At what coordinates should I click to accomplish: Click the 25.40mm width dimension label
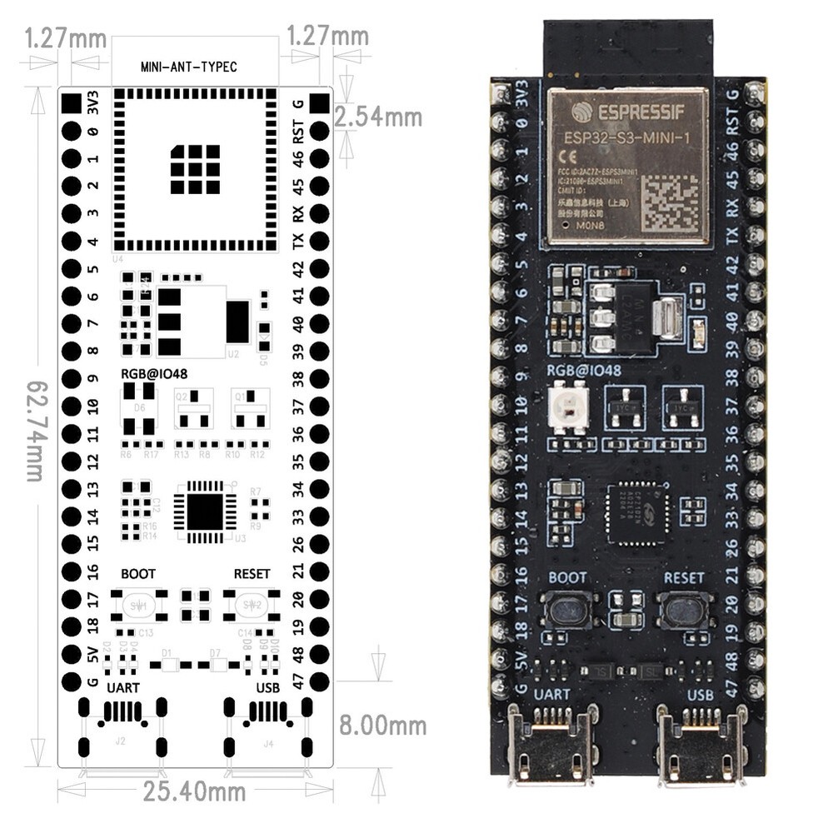(x=194, y=791)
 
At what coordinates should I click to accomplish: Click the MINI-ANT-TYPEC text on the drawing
(x=188, y=67)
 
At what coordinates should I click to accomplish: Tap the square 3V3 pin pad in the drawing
(x=71, y=104)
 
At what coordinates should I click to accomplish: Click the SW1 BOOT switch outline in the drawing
(x=137, y=606)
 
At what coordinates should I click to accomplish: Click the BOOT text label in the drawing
(x=137, y=574)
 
